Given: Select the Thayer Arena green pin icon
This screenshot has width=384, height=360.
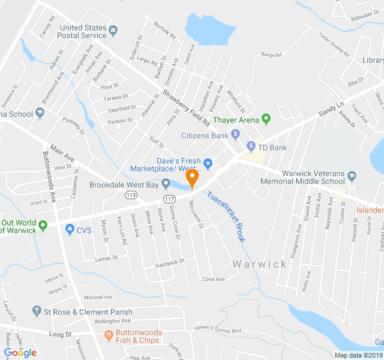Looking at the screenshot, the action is pyautogui.click(x=267, y=119).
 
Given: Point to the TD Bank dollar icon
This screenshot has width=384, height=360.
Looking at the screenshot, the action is pyautogui.click(x=252, y=147).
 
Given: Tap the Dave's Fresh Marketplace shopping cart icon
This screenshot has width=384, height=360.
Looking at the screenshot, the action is pyautogui.click(x=208, y=162).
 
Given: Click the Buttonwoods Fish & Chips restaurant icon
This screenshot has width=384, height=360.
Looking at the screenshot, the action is pyautogui.click(x=109, y=334).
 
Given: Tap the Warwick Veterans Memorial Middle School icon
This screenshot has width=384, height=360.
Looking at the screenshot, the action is pyautogui.click(x=352, y=176).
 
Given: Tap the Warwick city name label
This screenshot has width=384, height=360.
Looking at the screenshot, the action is pyautogui.click(x=260, y=264).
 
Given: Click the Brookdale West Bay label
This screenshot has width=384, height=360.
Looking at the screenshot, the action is pyautogui.click(x=124, y=184).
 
